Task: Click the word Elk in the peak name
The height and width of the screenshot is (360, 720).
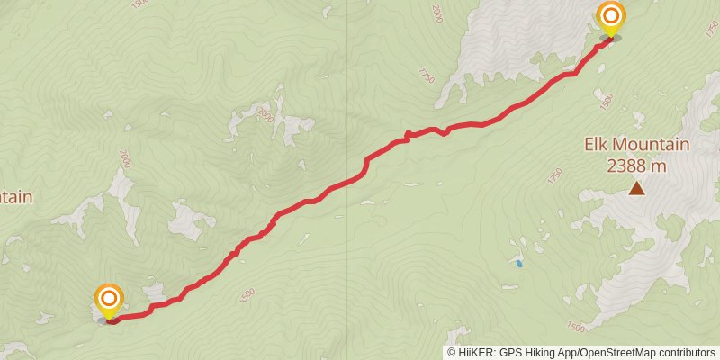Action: (598, 145)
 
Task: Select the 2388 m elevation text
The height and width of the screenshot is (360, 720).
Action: (636, 166)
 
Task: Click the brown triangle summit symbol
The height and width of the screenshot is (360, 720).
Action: (636, 188)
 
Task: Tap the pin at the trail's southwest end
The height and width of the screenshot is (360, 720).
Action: (109, 301)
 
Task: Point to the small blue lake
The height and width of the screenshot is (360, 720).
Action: (517, 263)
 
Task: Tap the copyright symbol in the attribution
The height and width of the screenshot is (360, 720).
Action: (452, 352)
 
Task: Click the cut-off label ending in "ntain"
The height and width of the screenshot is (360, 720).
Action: (15, 197)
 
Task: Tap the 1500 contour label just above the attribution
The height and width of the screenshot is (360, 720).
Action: (576, 325)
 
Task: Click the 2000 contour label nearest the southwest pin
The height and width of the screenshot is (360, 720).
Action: (124, 158)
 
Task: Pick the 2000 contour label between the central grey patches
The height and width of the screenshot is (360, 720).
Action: (265, 115)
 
